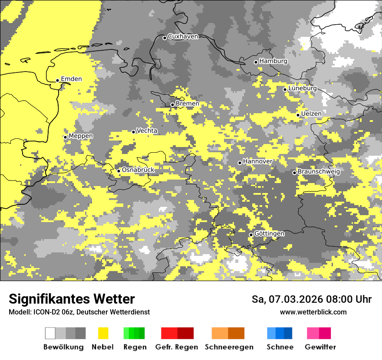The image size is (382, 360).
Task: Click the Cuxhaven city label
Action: tap(183, 36)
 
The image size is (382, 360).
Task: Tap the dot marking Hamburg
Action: tap(256, 62)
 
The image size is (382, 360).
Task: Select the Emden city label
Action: tap(71, 79)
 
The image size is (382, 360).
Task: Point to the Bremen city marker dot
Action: tap(172, 105)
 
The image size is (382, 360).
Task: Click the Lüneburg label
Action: tap(302, 88)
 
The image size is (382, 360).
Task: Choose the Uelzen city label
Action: tap(311, 114)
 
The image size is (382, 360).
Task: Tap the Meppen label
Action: tap(81, 136)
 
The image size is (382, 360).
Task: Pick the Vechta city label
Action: tap(147, 131)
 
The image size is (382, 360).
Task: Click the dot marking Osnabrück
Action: tap(119, 171)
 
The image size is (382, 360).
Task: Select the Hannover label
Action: tap(257, 161)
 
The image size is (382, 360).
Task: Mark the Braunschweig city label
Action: tap(319, 171)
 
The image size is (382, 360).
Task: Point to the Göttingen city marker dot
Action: tap(251, 235)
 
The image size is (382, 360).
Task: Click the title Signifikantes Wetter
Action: tap(72, 299)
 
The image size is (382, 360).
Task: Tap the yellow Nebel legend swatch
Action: tap(103, 333)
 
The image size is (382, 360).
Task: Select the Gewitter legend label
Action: tap(320, 347)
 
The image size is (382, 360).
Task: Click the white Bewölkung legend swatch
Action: tap(50, 333)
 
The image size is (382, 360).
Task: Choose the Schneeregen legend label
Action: tap(229, 347)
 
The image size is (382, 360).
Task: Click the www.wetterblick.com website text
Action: tap(313, 312)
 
